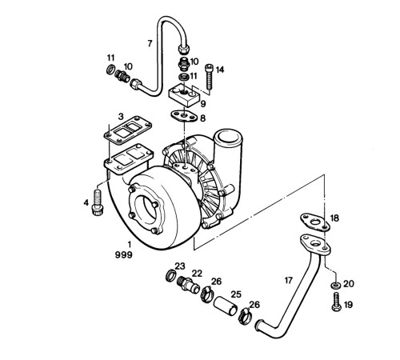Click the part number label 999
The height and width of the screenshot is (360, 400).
[x=123, y=255]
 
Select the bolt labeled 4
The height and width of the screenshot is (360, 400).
[x=98, y=202]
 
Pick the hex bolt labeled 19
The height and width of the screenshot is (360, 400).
[x=337, y=302]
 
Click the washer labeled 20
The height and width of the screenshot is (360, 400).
[x=335, y=285]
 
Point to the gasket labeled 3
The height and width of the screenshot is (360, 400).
[x=128, y=130]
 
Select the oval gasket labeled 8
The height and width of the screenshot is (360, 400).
[x=184, y=116]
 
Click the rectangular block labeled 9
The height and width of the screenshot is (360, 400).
[x=185, y=95]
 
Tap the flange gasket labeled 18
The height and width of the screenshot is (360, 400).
[x=315, y=222]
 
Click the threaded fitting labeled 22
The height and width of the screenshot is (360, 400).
[x=188, y=284]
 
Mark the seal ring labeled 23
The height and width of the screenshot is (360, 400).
[x=171, y=275]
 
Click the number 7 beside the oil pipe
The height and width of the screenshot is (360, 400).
[x=150, y=43]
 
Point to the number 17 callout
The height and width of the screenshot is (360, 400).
[x=289, y=281]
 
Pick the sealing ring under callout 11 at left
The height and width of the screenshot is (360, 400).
[x=110, y=70]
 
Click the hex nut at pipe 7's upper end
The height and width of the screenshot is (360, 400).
[x=184, y=49]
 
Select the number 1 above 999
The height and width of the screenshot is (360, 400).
[x=130, y=244]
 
